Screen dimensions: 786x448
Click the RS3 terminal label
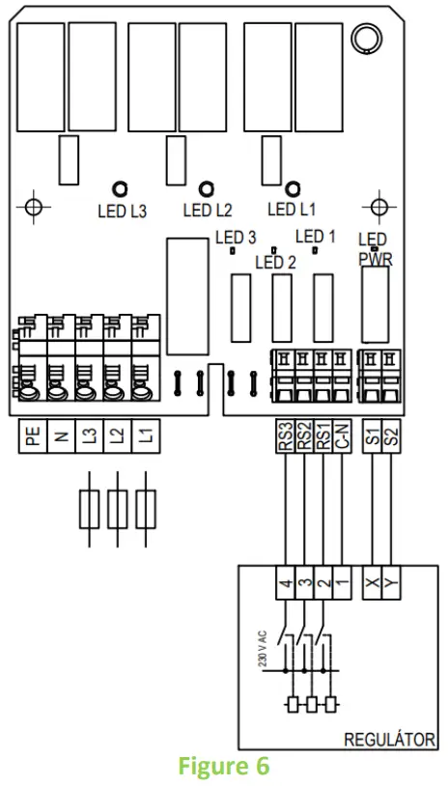[x=284, y=436]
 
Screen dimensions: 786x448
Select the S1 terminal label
[x=372, y=436]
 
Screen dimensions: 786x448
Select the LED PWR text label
[x=375, y=248]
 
